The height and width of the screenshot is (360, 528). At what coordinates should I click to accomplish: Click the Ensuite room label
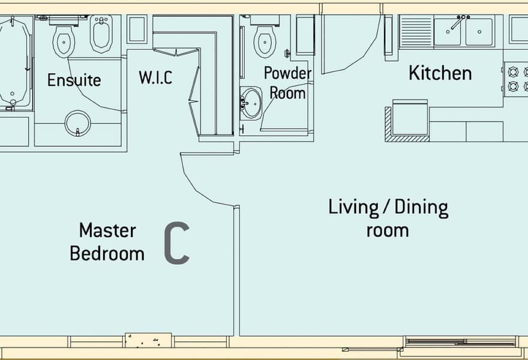point(74,80)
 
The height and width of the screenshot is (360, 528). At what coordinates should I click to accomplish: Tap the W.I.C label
point(155,77)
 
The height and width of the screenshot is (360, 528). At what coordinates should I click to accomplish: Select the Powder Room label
point(287,83)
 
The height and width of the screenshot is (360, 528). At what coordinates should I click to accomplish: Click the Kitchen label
point(440,73)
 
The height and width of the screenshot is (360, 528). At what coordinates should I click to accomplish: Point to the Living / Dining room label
point(388,218)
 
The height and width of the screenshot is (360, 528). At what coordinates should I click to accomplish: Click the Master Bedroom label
point(107,242)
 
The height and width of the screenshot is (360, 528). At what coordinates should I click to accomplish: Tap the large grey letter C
point(177,243)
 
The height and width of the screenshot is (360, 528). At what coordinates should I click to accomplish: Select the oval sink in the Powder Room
point(251,103)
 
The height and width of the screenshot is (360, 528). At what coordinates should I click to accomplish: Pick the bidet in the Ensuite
point(101,34)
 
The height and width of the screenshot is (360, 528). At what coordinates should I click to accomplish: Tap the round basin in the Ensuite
point(78,123)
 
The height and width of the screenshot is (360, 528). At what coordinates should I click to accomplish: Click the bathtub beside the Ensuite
point(13,62)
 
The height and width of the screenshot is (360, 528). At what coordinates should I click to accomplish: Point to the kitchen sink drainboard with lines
point(416,32)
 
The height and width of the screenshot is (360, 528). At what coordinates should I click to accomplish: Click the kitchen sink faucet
point(459,21)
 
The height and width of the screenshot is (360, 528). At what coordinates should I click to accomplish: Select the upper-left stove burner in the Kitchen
point(513,72)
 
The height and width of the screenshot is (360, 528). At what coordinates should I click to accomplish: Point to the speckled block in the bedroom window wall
point(148,340)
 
